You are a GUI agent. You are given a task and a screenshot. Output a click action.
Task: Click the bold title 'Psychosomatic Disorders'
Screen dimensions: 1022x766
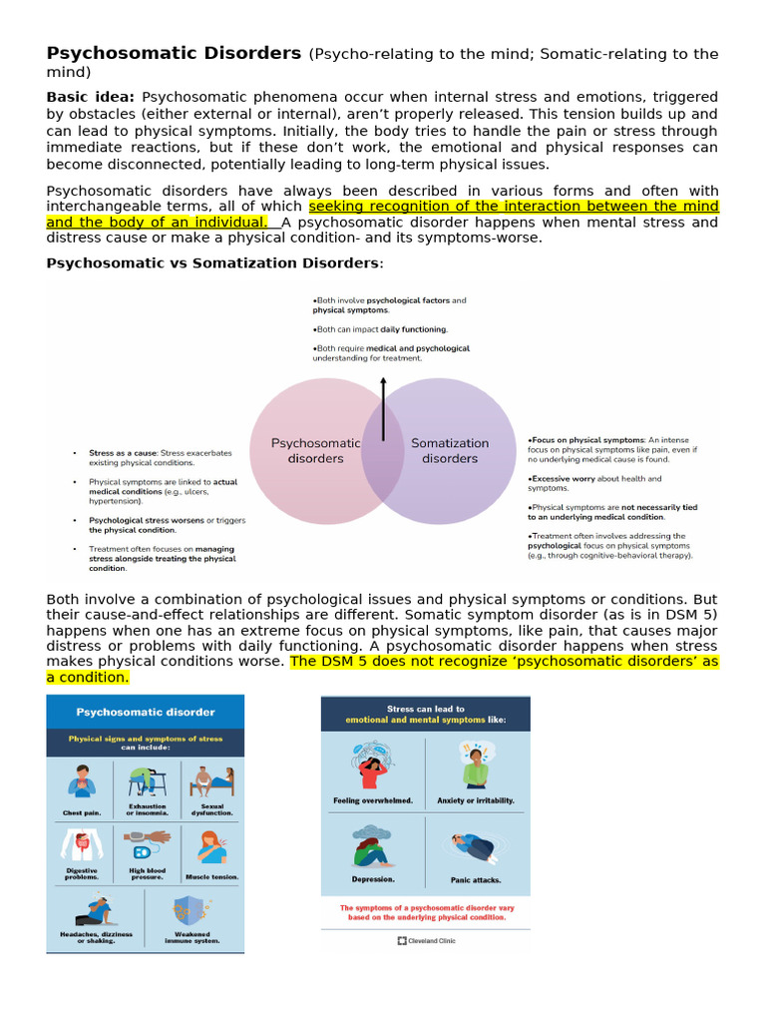[x=174, y=53]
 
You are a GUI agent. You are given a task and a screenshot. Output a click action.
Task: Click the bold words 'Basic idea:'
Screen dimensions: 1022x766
[x=91, y=97]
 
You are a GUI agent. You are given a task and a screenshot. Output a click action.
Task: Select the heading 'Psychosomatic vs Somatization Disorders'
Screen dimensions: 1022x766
[x=212, y=262]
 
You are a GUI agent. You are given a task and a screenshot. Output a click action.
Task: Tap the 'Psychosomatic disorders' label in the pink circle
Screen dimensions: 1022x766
[x=315, y=451]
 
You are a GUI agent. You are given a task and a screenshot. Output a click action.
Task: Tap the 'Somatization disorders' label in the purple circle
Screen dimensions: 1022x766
[x=450, y=451]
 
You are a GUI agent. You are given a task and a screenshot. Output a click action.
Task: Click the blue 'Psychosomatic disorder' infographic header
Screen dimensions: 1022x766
[x=146, y=712]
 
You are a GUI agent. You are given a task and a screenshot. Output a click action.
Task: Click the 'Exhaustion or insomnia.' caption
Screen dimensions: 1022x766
[x=147, y=809]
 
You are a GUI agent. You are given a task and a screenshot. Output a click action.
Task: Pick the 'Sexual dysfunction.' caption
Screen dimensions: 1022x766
[x=211, y=809]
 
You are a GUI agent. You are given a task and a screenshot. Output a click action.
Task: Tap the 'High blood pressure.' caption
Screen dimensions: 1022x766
[x=147, y=873]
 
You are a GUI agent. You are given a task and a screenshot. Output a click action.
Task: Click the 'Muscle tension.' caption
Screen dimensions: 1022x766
[x=211, y=876]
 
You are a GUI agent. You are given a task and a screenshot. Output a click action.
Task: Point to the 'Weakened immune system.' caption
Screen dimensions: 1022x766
[x=191, y=937]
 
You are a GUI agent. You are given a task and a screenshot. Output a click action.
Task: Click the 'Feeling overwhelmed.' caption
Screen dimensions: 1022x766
[x=373, y=800]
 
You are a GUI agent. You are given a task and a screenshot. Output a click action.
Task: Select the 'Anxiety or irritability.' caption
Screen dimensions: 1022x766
[x=475, y=800]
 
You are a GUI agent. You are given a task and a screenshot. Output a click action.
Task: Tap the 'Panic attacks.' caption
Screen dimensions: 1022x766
[x=475, y=879]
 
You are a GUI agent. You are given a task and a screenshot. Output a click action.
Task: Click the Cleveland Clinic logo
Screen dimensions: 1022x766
[x=426, y=940]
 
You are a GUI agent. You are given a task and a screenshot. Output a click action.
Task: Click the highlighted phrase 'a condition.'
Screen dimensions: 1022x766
[x=88, y=677]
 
